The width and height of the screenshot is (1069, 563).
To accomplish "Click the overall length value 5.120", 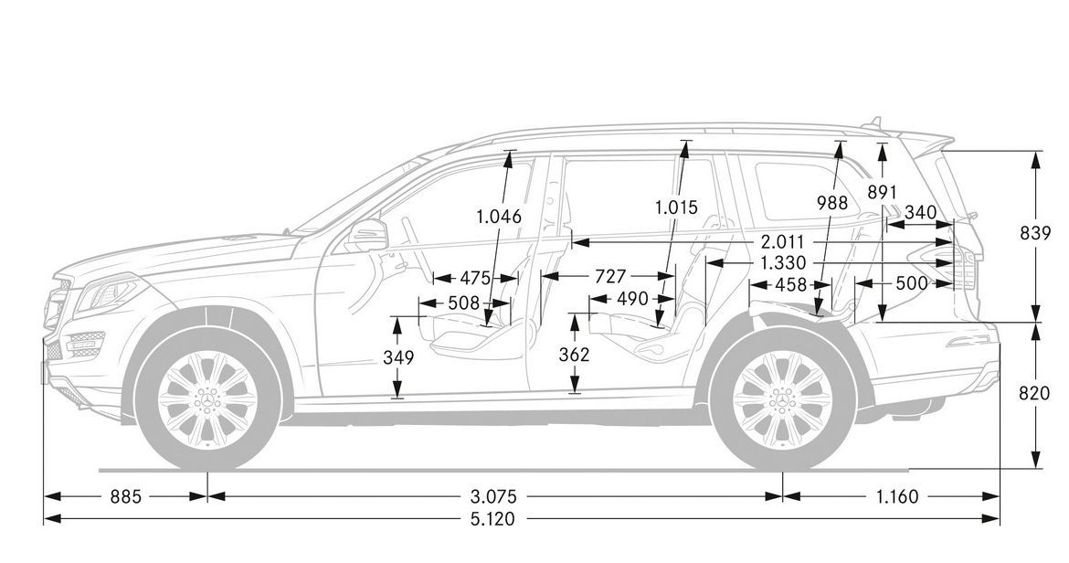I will [x=494, y=520].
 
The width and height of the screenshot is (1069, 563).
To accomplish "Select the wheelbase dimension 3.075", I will [x=494, y=496].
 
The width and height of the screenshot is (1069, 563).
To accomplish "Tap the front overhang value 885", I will [x=126, y=496].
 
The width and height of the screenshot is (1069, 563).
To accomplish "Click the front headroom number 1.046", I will [x=499, y=217].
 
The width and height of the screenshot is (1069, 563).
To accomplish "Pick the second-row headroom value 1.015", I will [x=675, y=207].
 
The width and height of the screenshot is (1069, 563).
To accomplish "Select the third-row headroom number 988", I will [x=833, y=204].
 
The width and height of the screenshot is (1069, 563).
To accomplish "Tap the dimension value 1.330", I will [x=781, y=263].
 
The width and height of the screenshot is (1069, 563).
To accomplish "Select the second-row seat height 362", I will [x=574, y=355].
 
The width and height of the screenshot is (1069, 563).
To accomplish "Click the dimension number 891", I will [x=883, y=193].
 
